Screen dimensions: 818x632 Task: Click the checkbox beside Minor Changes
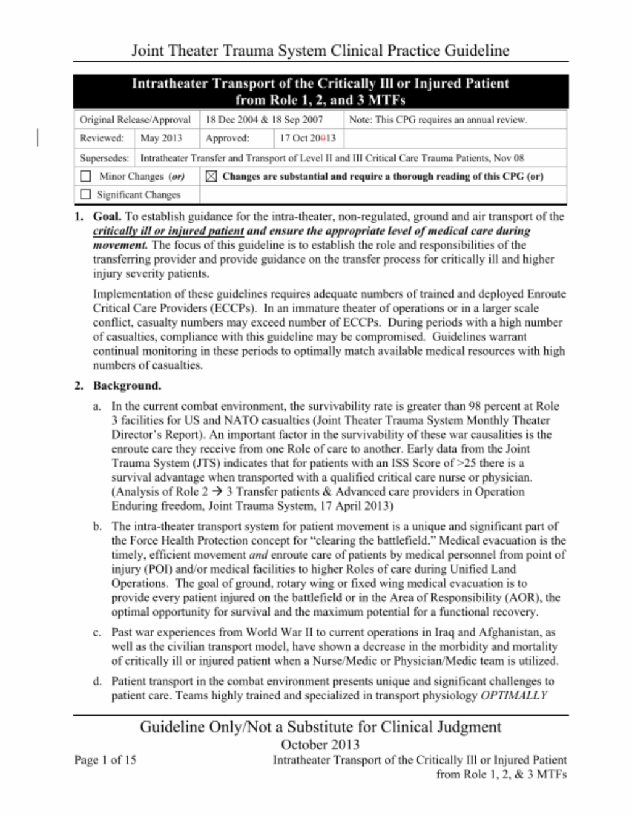click(86, 176)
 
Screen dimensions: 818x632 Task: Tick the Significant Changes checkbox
click(86, 194)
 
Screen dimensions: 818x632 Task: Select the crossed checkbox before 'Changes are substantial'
click(211, 176)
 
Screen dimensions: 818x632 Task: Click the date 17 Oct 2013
click(307, 138)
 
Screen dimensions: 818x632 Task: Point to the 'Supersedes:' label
click(104, 157)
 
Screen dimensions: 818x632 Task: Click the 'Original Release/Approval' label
click(135, 120)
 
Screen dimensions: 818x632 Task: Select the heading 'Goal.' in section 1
click(107, 217)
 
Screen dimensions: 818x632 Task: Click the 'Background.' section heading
click(127, 386)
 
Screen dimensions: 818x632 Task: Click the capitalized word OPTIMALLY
click(513, 696)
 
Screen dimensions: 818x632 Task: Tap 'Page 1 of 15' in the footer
click(106, 760)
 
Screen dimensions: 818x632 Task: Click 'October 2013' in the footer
click(320, 745)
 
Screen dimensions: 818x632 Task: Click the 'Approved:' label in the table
click(227, 138)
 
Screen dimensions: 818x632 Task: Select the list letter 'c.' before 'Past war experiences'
click(97, 632)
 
